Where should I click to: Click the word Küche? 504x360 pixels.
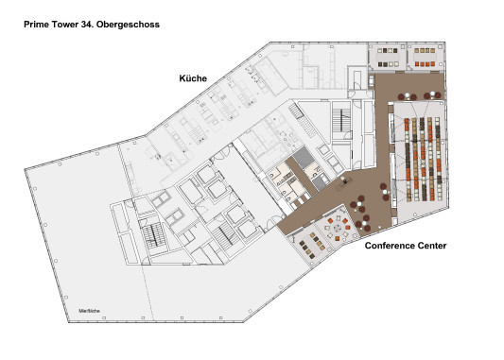click(193, 78)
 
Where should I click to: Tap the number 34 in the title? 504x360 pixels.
click(85, 25)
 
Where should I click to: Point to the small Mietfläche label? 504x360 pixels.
click(89, 311)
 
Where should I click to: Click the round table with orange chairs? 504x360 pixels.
click(338, 229)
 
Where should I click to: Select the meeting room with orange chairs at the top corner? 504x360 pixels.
click(425, 57)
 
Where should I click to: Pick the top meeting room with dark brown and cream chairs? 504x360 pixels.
click(388, 57)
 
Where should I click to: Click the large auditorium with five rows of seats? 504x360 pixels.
click(421, 159)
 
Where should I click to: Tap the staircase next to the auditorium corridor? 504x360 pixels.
click(341, 120)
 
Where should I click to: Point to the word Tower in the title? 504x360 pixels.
click(64, 25)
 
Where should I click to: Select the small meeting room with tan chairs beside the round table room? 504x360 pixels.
click(311, 246)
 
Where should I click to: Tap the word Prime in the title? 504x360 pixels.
click(36, 25)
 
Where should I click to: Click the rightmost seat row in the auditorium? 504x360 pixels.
click(438, 159)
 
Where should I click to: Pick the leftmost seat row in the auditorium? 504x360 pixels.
click(408, 160)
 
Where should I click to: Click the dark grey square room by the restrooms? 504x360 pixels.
click(304, 158)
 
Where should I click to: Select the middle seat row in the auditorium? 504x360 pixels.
click(423, 159)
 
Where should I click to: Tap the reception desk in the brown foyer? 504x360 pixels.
click(344, 181)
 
